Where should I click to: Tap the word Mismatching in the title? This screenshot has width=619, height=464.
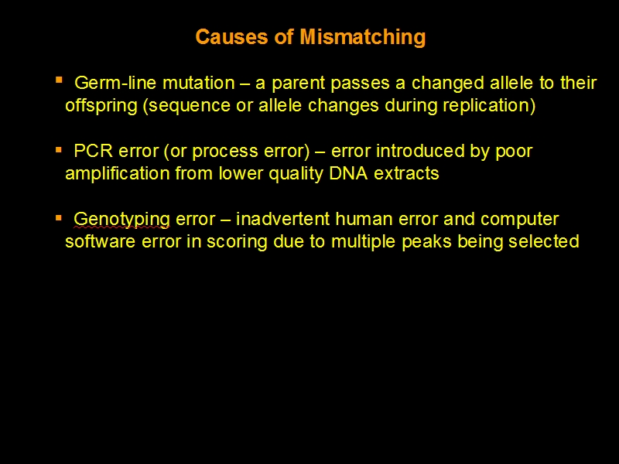tap(363, 38)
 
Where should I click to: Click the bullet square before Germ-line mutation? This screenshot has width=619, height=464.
tap(60, 80)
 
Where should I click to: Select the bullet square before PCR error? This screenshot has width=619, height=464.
tap(60, 150)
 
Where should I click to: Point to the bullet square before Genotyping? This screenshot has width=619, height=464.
tap(60, 218)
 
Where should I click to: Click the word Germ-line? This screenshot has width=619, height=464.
tap(115, 83)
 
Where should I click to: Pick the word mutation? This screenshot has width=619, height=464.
tap(199, 84)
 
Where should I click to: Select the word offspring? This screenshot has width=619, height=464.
tap(101, 107)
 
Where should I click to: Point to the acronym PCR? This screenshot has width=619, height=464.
tap(93, 151)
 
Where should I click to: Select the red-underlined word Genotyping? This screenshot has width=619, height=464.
tap(121, 220)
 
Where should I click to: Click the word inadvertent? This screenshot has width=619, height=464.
tap(282, 219)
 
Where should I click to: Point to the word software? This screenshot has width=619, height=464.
tap(101, 241)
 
